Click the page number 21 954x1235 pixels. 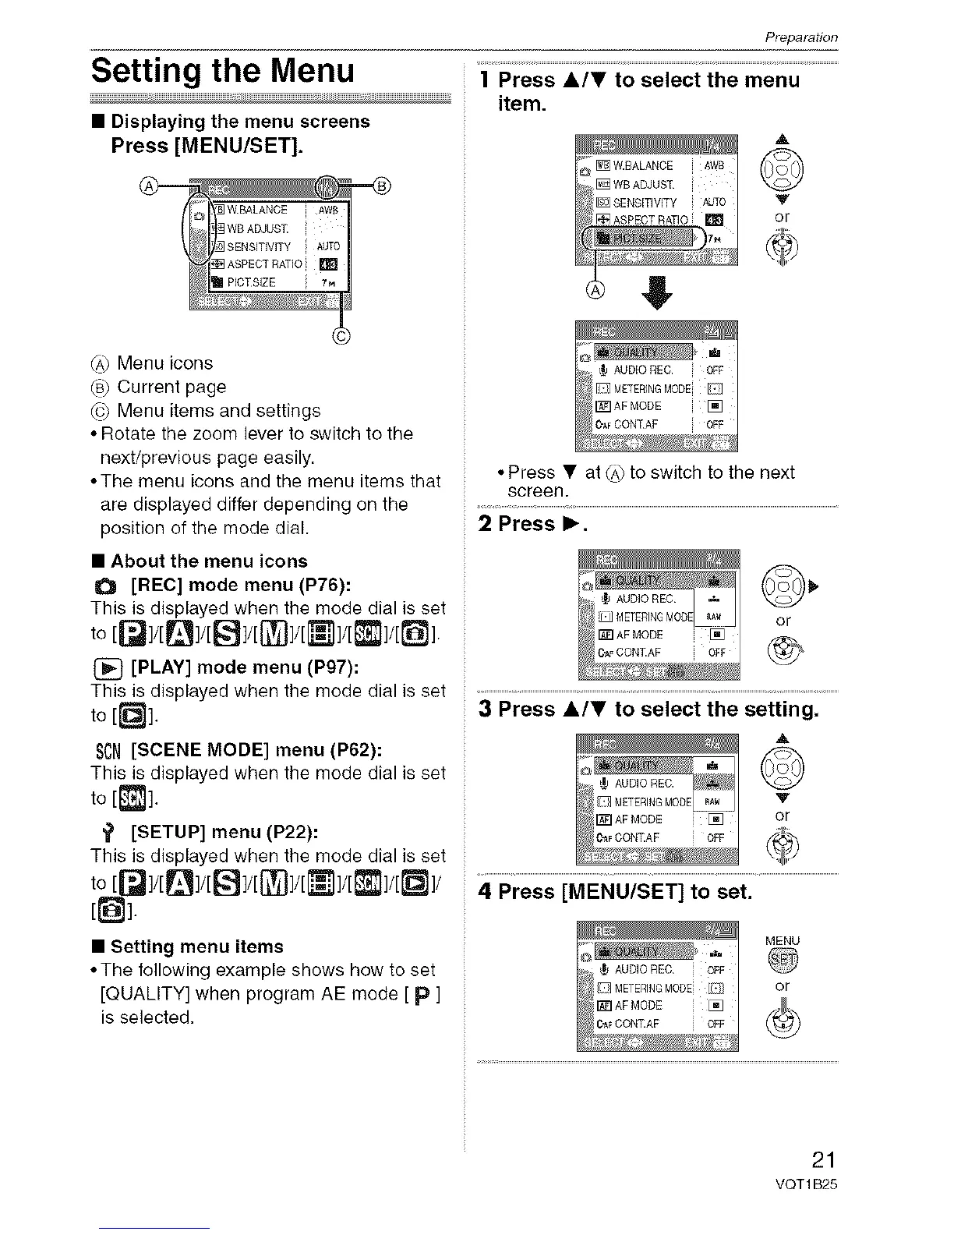coord(823,1159)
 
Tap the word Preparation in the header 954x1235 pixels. coord(800,37)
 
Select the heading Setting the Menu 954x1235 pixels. coord(223,70)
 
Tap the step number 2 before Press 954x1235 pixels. coord(485,523)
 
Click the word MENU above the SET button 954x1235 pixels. coord(783,941)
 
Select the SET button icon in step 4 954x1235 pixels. coord(783,961)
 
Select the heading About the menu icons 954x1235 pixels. coord(209,561)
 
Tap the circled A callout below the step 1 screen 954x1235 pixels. coord(595,291)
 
